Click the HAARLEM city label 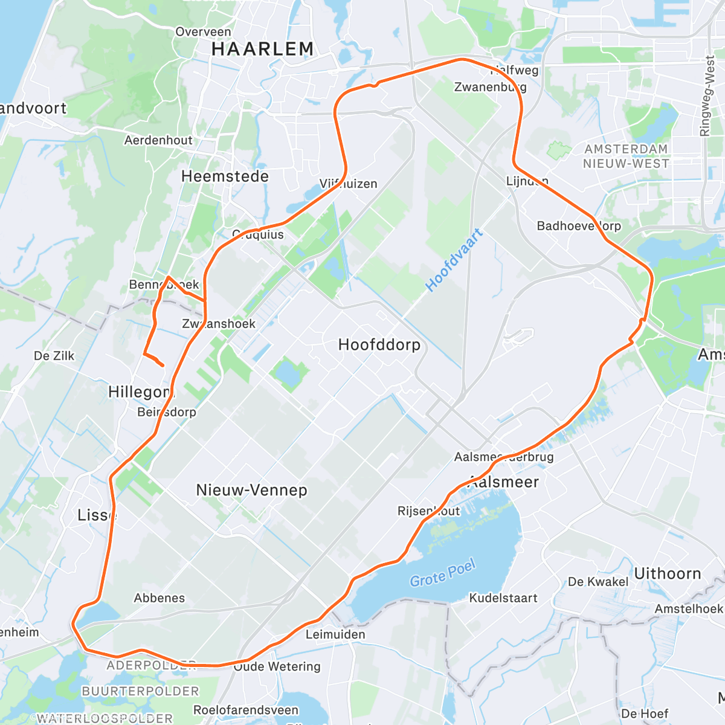263,49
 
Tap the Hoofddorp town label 379,345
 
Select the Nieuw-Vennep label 251,490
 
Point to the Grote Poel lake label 443,573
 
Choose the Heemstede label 225,176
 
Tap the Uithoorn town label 667,573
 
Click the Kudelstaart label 503,598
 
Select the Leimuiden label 335,634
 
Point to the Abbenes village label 159,598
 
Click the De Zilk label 54,356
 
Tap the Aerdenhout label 158,140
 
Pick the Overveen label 203,32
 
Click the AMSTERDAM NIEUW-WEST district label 626,156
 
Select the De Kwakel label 598,582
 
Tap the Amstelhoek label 689,608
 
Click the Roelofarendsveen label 246,710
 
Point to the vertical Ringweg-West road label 706,96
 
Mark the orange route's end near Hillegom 163,365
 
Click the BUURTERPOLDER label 140,691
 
